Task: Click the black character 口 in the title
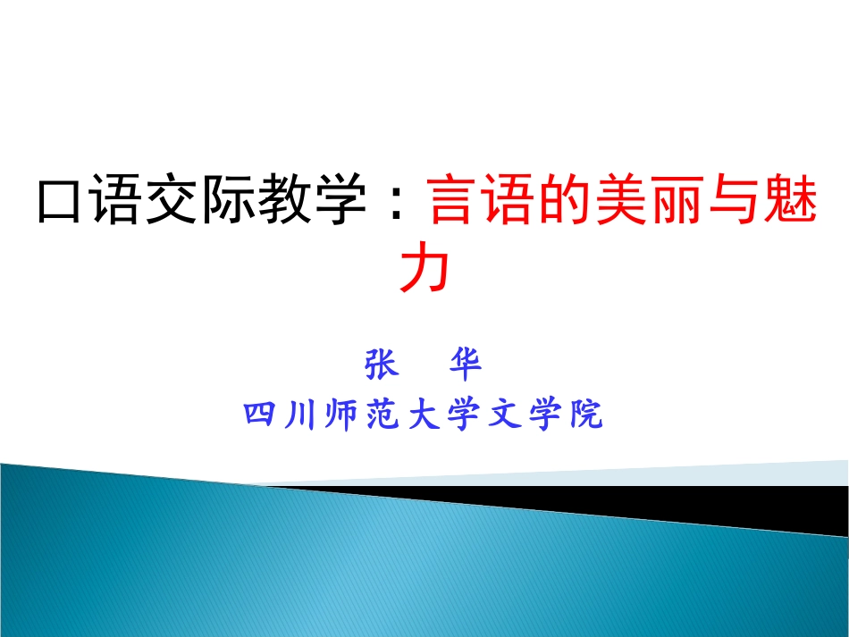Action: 58,200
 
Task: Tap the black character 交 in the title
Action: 170,199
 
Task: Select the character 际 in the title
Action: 226,199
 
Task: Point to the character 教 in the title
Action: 282,199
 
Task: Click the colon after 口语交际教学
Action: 397,201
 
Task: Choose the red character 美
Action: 621,199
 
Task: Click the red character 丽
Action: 678,199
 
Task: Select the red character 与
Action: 735,199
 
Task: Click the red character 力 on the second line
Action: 424,268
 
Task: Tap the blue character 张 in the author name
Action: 382,364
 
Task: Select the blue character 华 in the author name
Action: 466,364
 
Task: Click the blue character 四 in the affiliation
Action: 260,415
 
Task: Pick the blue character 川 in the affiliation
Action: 300,415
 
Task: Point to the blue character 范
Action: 382,415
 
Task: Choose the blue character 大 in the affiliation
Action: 424,415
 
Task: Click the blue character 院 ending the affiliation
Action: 586,415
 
